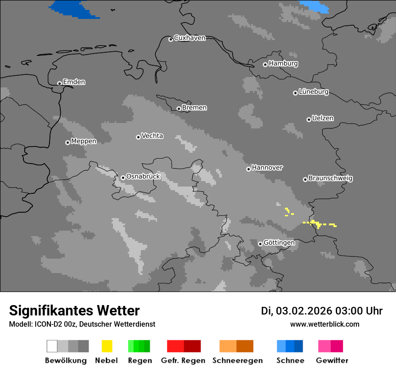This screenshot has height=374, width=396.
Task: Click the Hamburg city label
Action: (283, 64)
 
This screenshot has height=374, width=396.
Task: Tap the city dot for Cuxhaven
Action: (171, 39)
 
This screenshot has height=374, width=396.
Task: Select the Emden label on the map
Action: (74, 82)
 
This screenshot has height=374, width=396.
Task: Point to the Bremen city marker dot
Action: (179, 109)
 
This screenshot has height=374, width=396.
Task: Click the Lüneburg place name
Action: (314, 92)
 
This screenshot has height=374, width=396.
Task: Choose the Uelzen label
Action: (323, 119)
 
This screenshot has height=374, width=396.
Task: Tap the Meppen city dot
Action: (67, 142)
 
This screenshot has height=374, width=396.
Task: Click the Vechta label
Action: (152, 136)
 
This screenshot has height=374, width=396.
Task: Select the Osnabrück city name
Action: (143, 177)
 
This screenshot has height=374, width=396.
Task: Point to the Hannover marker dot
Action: (248, 169)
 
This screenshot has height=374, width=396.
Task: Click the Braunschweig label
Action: (330, 178)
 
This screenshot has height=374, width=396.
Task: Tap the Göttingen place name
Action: (279, 243)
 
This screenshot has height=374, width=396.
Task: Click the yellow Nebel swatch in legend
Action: (107, 346)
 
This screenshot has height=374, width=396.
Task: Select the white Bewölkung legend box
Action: (52, 346)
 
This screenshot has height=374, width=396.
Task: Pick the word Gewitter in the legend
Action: (332, 360)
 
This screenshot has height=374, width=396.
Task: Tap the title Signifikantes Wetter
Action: (74, 311)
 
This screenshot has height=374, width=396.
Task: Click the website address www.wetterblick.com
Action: (324, 324)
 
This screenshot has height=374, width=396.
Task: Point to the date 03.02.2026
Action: (304, 311)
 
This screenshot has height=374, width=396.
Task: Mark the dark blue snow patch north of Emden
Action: (74, 9)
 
